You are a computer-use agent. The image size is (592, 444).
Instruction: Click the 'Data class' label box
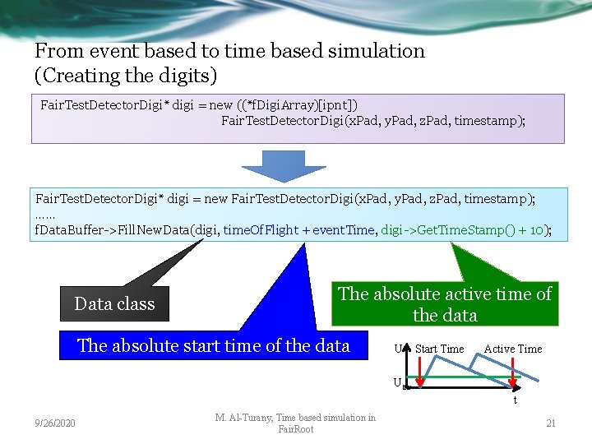114,303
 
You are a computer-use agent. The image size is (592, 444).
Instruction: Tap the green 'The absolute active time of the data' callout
445,304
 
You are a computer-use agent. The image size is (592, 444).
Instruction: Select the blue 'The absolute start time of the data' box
213,345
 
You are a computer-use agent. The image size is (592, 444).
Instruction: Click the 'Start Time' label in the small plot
439,349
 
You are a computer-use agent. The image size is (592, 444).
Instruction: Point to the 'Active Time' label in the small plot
512,349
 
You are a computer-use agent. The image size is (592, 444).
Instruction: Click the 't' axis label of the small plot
515,400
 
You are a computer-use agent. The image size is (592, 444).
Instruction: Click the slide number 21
551,423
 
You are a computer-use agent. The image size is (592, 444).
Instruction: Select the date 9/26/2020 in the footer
56,423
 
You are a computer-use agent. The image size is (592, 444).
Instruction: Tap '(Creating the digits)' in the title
126,76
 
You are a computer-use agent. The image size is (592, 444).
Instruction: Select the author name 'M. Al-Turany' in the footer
245,418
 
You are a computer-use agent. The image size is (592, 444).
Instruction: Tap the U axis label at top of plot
398,349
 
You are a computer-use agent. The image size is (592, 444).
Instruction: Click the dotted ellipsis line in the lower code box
45,215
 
